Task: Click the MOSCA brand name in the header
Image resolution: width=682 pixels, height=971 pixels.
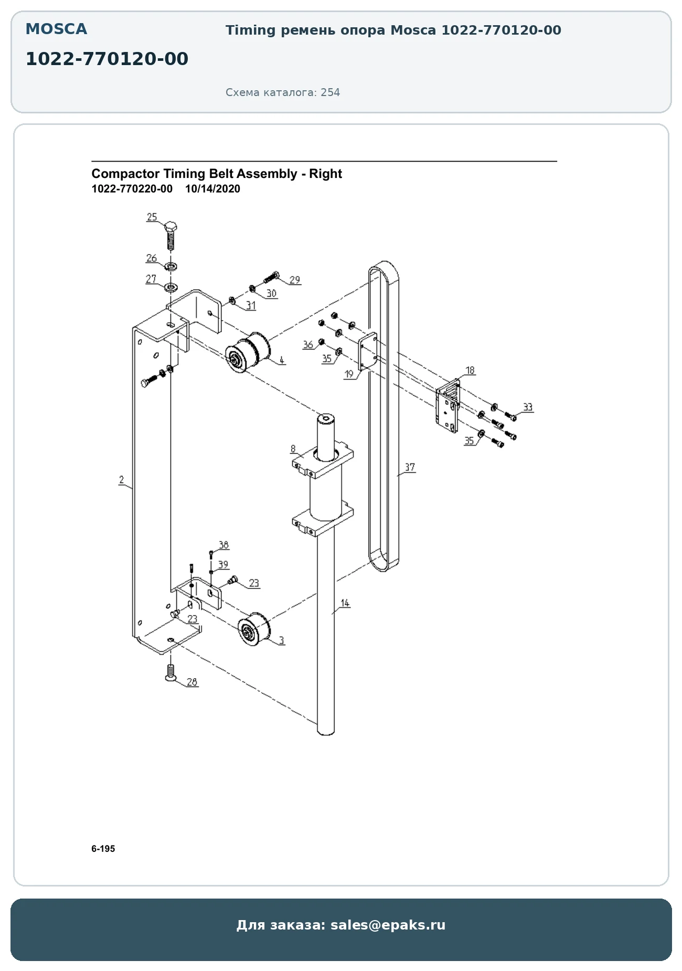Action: [56, 29]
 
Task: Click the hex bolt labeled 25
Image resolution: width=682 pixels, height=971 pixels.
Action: [171, 236]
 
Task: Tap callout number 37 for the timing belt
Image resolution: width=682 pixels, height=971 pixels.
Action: [410, 467]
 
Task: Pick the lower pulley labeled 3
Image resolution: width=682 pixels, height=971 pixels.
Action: [254, 629]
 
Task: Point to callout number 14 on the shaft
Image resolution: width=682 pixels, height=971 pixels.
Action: [345, 603]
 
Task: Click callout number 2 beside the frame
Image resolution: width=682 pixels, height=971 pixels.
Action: [122, 479]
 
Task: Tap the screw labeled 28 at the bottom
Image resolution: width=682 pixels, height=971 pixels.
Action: [170, 673]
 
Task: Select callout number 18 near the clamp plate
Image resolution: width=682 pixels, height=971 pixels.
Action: [470, 370]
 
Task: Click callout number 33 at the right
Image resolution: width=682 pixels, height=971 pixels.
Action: [527, 407]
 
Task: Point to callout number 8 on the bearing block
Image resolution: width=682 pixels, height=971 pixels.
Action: [293, 449]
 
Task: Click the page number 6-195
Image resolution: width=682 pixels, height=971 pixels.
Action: [103, 849]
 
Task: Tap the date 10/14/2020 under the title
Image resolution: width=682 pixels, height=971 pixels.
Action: [212, 189]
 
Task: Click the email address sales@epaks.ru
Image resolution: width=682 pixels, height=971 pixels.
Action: [388, 925]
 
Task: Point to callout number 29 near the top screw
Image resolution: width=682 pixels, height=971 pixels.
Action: [295, 280]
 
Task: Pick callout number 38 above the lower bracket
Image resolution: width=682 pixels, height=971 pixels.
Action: [224, 545]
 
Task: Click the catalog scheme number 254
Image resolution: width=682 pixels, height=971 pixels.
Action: [331, 92]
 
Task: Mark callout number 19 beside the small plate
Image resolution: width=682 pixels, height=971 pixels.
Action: [349, 374]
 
